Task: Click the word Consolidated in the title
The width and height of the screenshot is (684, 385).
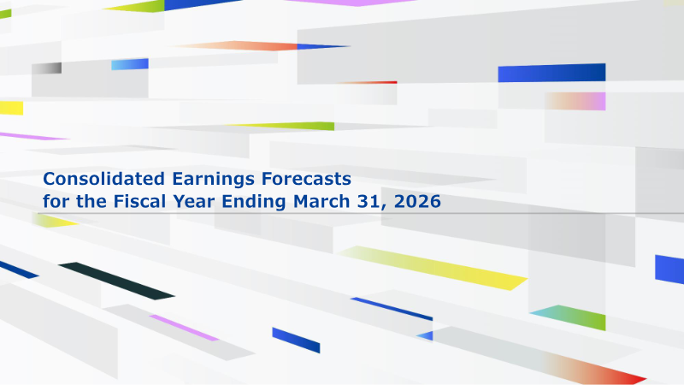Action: pos(103,179)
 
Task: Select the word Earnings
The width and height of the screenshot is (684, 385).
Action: pos(213,180)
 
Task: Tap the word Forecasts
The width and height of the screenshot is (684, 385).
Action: pos(306,179)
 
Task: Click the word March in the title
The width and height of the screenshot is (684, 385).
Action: pos(321,201)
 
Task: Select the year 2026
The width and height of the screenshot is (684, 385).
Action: pos(417,201)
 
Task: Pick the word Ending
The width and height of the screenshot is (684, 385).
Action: pos(253,202)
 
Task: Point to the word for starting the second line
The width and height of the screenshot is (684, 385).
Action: pos(56,201)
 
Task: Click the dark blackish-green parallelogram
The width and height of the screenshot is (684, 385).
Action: pos(116,281)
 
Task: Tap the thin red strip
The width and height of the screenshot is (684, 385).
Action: pos(369,82)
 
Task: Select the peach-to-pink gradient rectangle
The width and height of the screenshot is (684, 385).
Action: pos(575,101)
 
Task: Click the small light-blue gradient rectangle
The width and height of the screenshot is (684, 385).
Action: pos(130,64)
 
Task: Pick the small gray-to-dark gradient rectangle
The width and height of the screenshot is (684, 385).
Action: pos(46,68)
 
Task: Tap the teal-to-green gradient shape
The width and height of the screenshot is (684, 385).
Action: pos(568,317)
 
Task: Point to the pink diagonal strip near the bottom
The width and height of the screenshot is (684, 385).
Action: pos(184,328)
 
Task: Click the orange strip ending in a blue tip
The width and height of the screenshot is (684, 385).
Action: pos(262,46)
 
